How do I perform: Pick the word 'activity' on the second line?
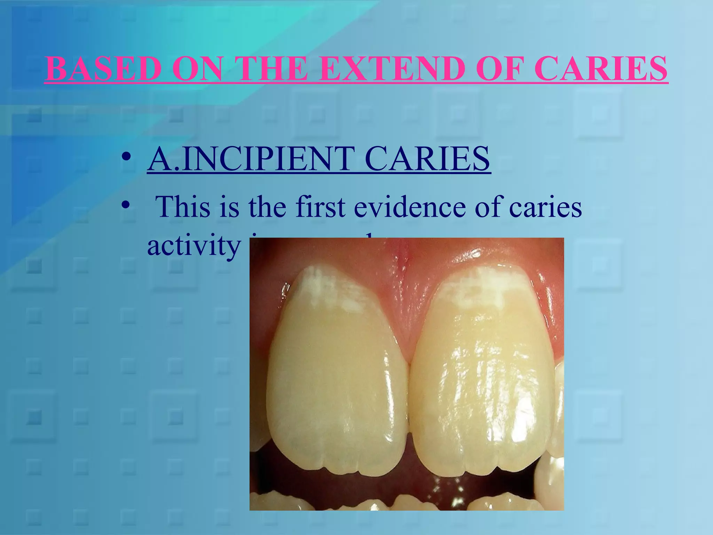(194, 246)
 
